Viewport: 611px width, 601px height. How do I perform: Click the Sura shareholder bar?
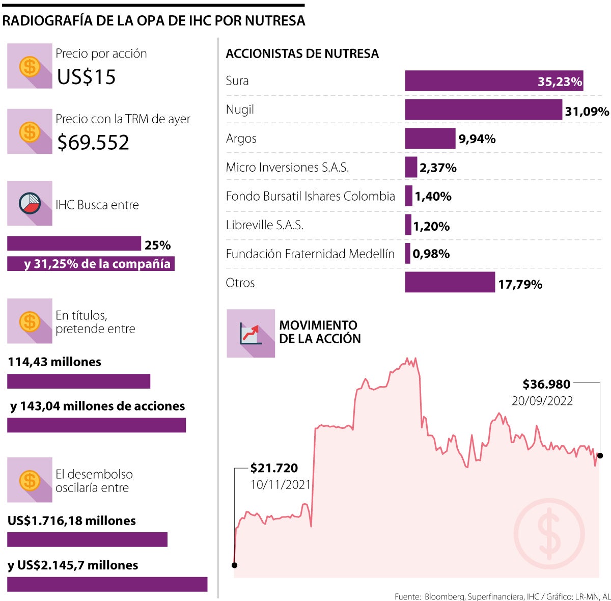pyautogui.click(x=494, y=81)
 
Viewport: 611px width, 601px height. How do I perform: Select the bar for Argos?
pyautogui.click(x=430, y=139)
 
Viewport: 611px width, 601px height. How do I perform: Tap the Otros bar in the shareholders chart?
pyautogui.click(x=450, y=282)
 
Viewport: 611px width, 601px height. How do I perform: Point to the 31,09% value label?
pyautogui.click(x=587, y=111)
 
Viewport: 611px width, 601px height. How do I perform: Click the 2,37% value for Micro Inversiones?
pyautogui.click(x=438, y=168)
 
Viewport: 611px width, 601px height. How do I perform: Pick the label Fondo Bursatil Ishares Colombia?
pyautogui.click(x=311, y=196)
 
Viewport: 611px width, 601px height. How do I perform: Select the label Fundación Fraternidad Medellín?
pyautogui.click(x=310, y=254)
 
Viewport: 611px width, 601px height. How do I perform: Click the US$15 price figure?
pyautogui.click(x=87, y=77)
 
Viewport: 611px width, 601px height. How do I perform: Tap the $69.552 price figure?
pyautogui.click(x=93, y=142)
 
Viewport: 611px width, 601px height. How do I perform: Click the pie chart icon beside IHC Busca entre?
pyautogui.click(x=30, y=203)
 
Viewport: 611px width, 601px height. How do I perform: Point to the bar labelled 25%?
pyautogui.click(x=74, y=243)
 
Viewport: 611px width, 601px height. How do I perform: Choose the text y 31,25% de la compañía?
pyautogui.click(x=97, y=264)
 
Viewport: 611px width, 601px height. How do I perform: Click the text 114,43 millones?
pyautogui.click(x=54, y=362)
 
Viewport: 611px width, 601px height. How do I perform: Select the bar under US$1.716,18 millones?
pyautogui.click(x=87, y=539)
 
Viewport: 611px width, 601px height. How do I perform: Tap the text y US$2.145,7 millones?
pyautogui.click(x=73, y=565)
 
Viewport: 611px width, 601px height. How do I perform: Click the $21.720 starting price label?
pyautogui.click(x=274, y=468)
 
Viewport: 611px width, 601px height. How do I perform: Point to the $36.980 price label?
pyautogui.click(x=546, y=384)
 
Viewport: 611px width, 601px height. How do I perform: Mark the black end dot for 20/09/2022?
pyautogui.click(x=600, y=455)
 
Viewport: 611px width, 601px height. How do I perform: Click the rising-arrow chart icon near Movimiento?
pyautogui.click(x=251, y=333)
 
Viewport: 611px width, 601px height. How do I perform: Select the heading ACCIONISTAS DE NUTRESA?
pyautogui.click(x=302, y=53)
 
